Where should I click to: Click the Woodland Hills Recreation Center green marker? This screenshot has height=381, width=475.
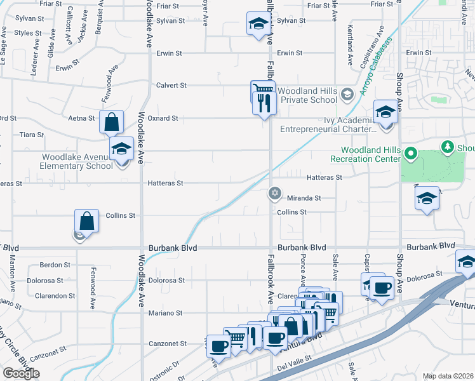tap(410, 152)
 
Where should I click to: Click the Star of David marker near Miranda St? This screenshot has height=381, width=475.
tap(274, 193)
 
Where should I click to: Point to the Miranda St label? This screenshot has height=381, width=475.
tap(304, 198)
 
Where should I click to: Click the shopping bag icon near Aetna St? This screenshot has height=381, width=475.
tap(111, 121)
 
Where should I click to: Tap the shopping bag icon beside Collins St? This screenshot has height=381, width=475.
tap(87, 221)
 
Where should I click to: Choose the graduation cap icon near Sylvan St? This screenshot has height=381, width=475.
tap(257, 24)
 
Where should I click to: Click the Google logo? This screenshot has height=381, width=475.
tap(21, 373)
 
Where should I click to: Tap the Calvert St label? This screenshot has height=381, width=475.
tap(171, 85)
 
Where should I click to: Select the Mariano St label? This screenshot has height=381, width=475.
tap(166, 313)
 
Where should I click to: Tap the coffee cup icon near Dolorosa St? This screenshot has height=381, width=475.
tap(382, 288)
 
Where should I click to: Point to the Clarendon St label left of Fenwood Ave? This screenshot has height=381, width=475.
tap(51, 296)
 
